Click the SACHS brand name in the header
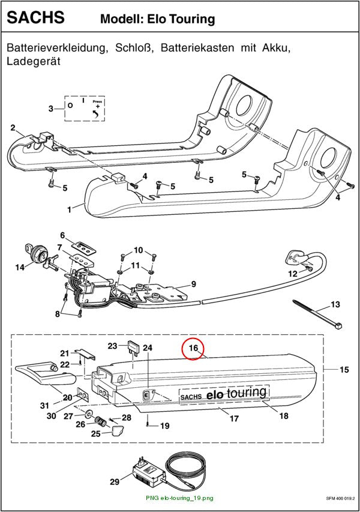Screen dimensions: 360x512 point(35,17)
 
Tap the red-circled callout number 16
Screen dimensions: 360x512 point(194,348)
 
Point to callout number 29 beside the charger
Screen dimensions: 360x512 point(115,481)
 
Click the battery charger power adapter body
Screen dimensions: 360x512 point(148,472)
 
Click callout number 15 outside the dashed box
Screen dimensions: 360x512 point(344,370)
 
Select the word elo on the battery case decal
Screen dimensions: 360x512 point(215,395)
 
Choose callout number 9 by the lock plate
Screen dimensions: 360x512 point(194,284)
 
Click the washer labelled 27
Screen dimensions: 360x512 point(88,414)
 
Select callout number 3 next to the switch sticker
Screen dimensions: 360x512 point(50,109)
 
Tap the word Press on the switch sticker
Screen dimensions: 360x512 point(97,101)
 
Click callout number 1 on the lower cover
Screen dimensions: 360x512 point(69,209)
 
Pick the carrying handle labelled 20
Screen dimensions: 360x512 point(46,375)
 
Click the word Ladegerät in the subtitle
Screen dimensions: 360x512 point(34,61)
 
